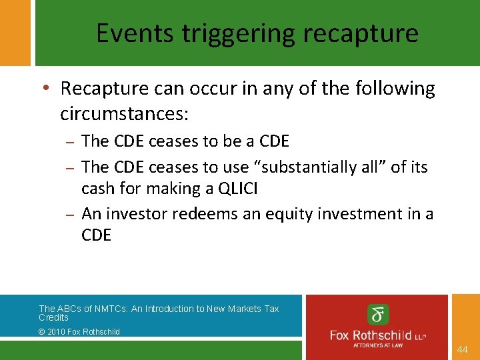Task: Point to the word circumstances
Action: click(x=125, y=113)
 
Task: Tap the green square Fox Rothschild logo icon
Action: click(x=378, y=314)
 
